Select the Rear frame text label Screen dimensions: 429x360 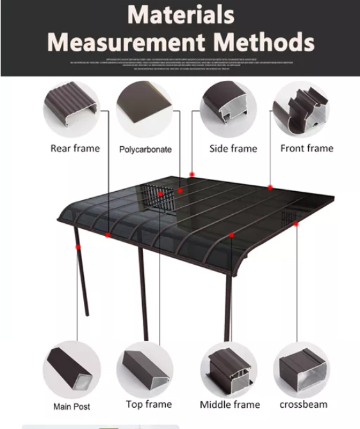click(75, 148)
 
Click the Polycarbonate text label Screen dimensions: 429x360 click(145, 149)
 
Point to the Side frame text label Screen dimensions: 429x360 click(233, 148)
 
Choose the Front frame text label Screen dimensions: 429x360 click(306, 148)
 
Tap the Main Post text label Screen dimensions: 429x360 click(71, 407)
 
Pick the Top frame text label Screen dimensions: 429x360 click(149, 404)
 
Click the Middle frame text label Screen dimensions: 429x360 click(230, 404)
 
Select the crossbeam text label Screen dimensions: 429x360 click(303, 404)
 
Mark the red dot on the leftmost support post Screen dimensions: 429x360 click(78, 246)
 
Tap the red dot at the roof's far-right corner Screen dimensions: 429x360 click(297, 224)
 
